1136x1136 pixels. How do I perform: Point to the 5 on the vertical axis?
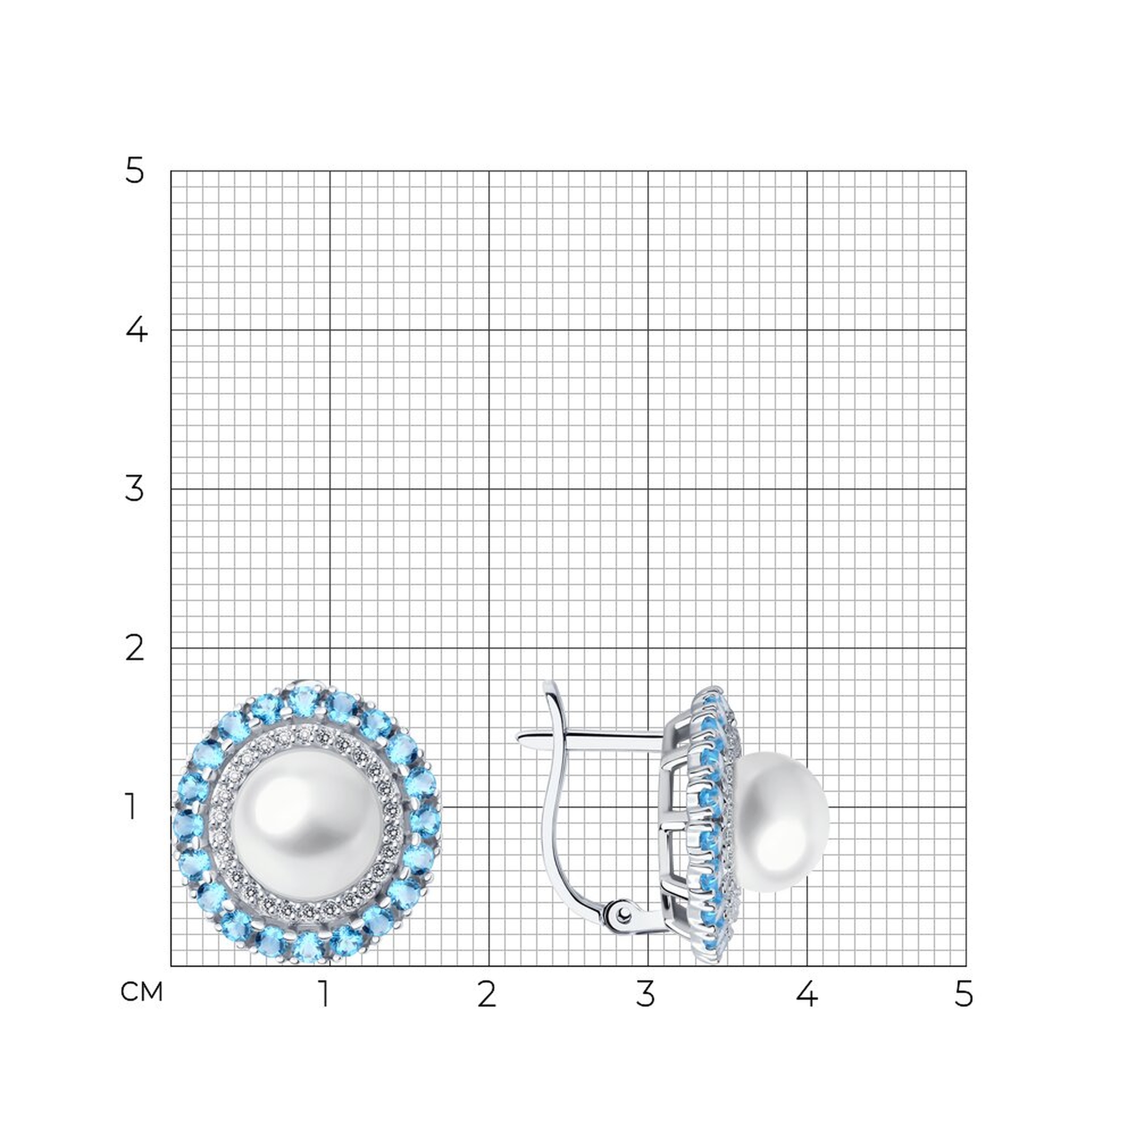coord(134,171)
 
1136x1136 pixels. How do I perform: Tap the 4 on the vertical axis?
coord(136,330)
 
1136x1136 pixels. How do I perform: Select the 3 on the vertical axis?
coord(135,488)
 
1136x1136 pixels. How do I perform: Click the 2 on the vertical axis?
coord(135,648)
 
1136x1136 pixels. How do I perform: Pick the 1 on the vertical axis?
coord(131,807)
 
